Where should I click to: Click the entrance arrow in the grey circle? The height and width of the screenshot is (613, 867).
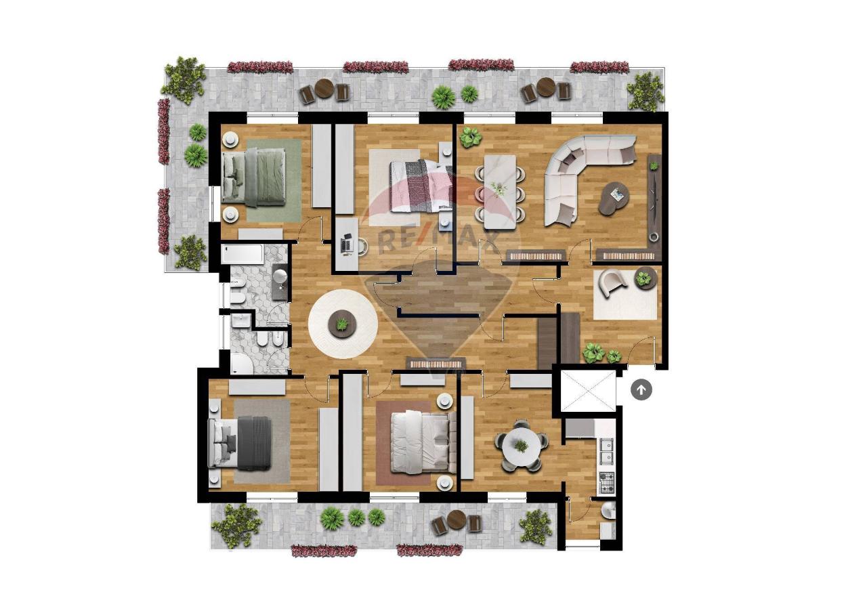[641, 390]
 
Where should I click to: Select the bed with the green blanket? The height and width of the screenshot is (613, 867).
[255, 177]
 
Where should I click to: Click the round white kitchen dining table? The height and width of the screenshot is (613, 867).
[522, 446]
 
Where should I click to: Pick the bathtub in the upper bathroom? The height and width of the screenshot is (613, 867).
[242, 254]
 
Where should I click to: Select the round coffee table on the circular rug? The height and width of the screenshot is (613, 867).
[342, 323]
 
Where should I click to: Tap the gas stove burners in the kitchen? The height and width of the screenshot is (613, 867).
[607, 483]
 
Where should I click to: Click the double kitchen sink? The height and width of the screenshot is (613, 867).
[607, 452]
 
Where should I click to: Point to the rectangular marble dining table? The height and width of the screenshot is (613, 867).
[500, 193]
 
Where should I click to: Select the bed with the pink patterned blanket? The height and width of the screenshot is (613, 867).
[421, 186]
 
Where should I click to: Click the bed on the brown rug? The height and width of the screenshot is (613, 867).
[423, 442]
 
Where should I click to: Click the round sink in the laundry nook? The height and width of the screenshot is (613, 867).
[609, 511]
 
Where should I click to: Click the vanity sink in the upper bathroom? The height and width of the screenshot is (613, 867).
[280, 277]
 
